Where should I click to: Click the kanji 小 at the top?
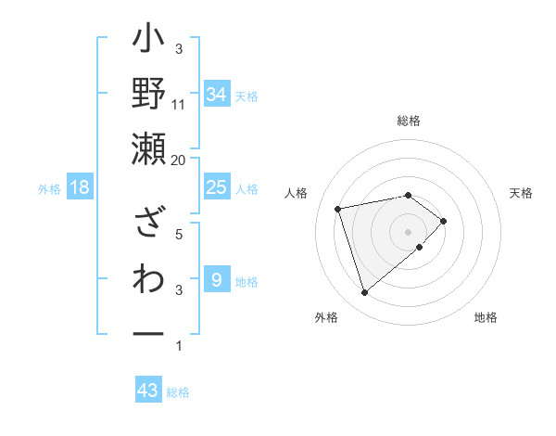coord(149,43)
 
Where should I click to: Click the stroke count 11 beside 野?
coord(179,104)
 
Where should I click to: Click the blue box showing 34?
coord(216,95)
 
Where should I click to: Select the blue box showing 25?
coord(216,187)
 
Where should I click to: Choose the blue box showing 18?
coord(80,188)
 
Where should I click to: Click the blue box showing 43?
coord(148,391)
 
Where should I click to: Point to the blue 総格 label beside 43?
coord(178,392)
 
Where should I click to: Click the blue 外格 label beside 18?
coord(49,189)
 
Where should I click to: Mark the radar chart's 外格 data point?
coord(364,293)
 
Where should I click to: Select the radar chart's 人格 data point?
coord(338,208)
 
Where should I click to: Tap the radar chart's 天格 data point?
coord(444,221)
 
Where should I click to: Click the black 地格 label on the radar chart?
coord(486,318)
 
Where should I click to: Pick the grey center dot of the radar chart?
coord(408,231)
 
